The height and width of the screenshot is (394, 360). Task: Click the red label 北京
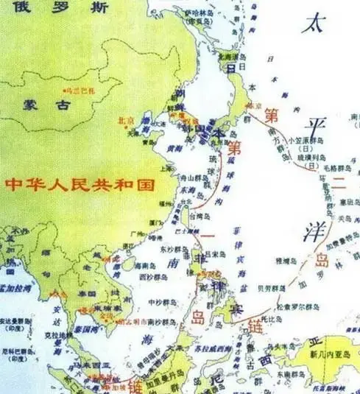[x=125, y=119]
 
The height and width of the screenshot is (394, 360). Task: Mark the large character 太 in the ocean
[x=312, y=24]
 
